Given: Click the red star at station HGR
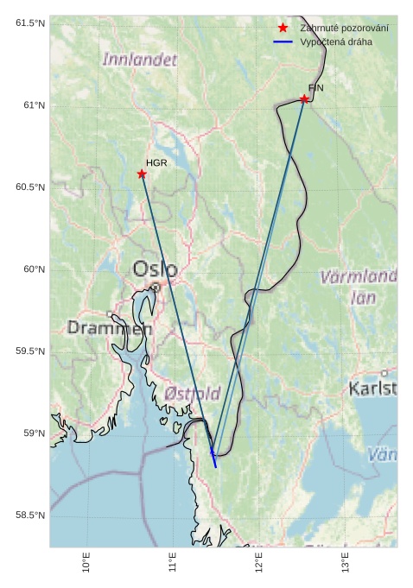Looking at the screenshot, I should pos(142,174).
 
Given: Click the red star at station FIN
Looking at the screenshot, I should pos(304,99).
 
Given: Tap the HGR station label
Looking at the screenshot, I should pos(156,162).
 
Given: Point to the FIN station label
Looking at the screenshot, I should pos(315,88).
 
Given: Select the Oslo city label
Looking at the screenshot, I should pos(156,269).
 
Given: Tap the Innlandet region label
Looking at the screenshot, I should pos(139,60).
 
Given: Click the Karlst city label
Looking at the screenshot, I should pos(373,389).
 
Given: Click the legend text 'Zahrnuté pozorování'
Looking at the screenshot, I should pos(344,28).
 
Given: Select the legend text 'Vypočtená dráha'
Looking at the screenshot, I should pos(337,41).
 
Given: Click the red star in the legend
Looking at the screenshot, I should pos(283,28).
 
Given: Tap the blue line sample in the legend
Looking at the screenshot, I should pos(283,41).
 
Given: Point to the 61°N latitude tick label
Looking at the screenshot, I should pos(33,105).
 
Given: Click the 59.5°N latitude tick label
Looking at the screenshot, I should pos(29,351).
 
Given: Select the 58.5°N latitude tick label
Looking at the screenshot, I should pos(29,515).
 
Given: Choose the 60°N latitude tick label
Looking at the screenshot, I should pos(33,269).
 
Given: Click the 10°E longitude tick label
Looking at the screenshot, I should pos(86,562).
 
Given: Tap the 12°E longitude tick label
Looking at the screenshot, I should pos(259,562).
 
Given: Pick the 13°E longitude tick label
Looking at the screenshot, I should pos(346,562).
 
